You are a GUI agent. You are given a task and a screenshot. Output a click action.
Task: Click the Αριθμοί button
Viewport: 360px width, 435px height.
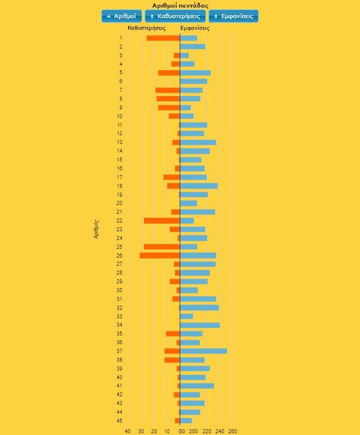(x=122, y=16)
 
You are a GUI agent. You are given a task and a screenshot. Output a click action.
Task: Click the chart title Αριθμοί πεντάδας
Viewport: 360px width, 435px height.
(x=180, y=5)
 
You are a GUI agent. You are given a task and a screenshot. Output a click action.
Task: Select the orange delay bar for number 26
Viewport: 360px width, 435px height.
(x=160, y=255)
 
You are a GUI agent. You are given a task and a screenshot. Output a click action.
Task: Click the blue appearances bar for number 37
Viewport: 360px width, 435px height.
(x=204, y=351)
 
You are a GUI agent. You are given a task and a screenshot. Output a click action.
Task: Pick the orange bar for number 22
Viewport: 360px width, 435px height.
(x=162, y=221)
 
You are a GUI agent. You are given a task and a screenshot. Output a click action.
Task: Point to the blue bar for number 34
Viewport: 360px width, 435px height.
(x=200, y=325)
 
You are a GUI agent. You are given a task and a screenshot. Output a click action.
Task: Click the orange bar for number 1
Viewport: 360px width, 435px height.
(x=163, y=38)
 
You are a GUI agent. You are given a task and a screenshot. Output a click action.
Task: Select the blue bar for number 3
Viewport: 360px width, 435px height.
(x=184, y=56)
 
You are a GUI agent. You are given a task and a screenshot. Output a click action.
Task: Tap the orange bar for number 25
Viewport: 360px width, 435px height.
(x=162, y=247)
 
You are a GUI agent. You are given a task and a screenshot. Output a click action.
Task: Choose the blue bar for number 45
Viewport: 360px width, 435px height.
(x=186, y=420)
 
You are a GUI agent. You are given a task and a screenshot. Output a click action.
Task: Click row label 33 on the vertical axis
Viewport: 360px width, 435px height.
(x=119, y=316)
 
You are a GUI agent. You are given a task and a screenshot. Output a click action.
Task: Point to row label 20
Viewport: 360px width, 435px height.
(x=119, y=203)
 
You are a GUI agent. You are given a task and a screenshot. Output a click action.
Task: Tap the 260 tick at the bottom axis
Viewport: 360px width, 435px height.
(x=232, y=431)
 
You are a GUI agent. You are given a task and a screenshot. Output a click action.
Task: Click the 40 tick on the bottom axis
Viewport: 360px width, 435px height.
(x=128, y=431)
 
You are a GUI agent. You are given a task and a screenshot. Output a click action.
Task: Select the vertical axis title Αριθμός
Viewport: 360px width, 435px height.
(x=97, y=228)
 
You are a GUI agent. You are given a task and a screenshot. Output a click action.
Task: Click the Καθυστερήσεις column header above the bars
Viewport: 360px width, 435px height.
(x=146, y=28)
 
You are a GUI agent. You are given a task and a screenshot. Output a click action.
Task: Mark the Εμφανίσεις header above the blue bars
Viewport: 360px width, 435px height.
(x=195, y=28)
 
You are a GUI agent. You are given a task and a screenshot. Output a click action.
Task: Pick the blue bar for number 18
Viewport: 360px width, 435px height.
(x=199, y=186)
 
